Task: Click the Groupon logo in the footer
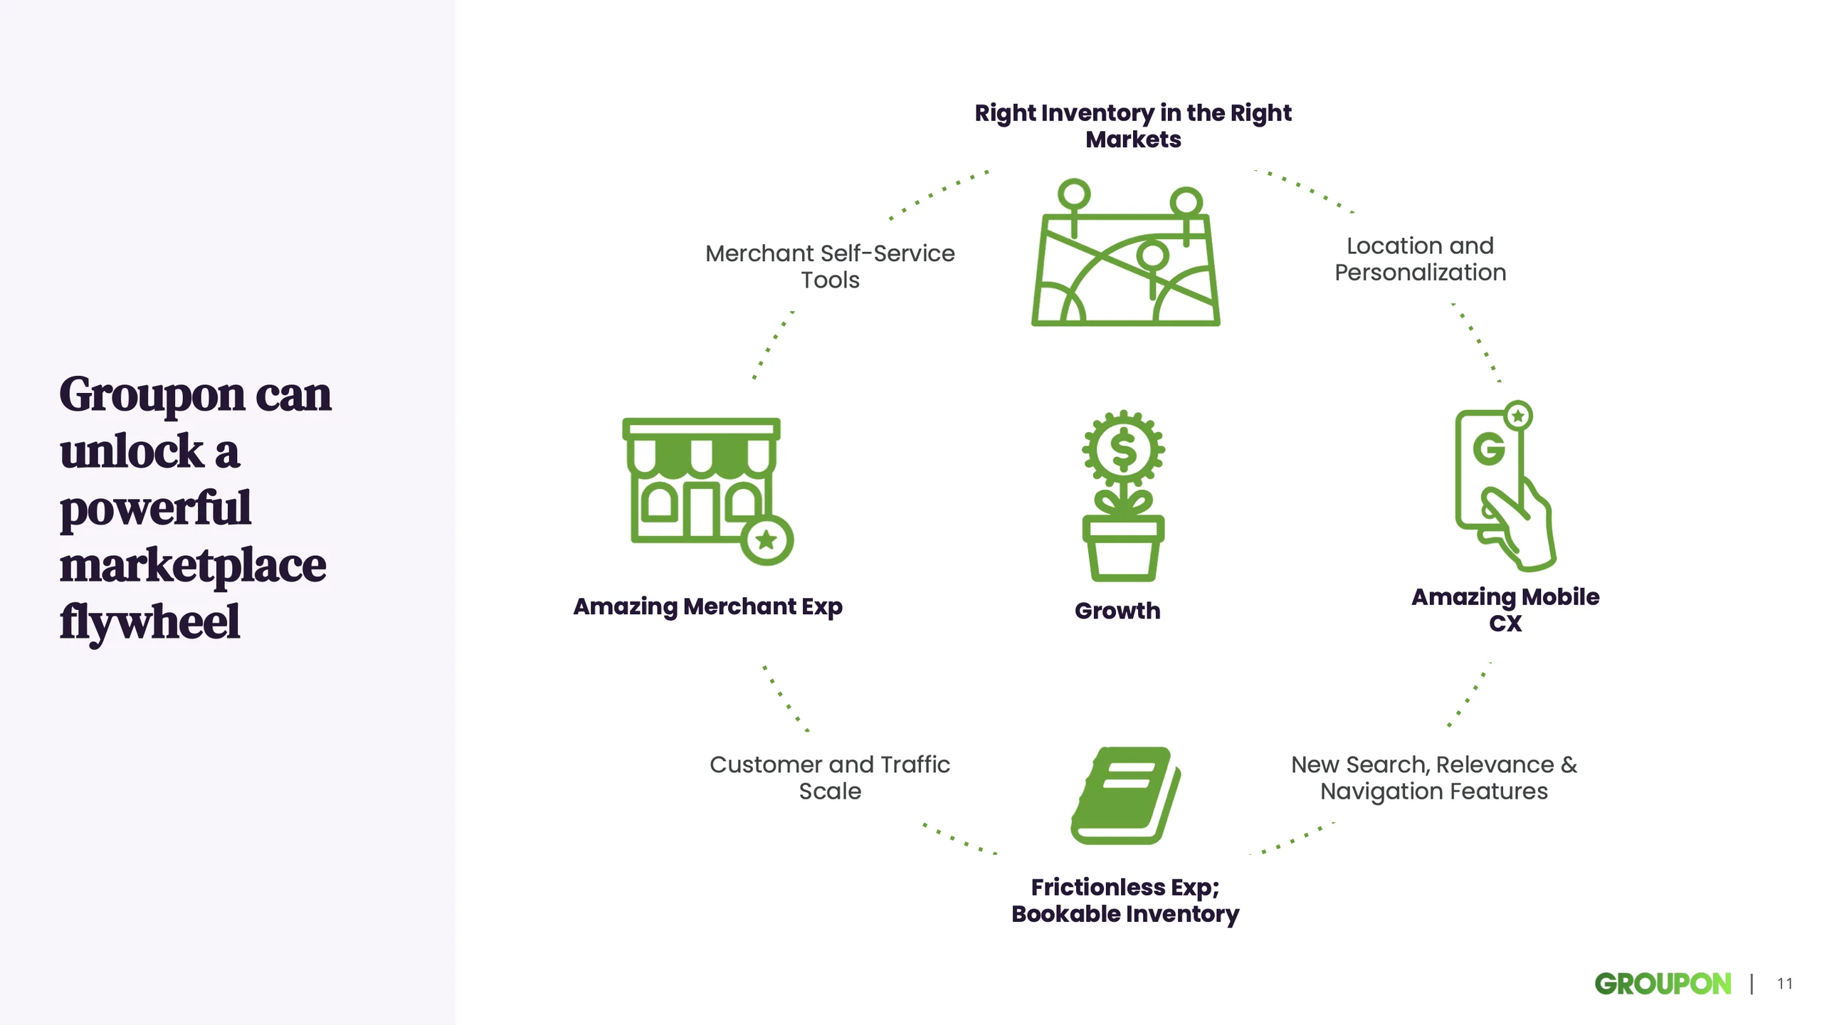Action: coord(1663,984)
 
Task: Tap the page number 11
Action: coord(1784,984)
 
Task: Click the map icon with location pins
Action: coord(1126,252)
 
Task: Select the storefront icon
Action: coord(707,491)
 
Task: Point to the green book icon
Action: coord(1125,795)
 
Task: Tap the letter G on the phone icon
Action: coord(1489,449)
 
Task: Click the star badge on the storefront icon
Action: coord(767,540)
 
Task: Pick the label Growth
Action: coord(1117,611)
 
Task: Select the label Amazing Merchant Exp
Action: coord(707,606)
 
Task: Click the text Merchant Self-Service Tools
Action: coord(830,266)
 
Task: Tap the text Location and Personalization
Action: coord(1421,259)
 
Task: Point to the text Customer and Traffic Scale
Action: coord(830,777)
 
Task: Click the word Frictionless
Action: coord(1098,887)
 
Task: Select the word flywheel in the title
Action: coord(149,622)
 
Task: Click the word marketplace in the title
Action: coord(193,565)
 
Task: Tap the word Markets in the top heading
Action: coord(1133,140)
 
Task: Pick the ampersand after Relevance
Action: coord(1569,764)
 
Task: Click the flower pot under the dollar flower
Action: coord(1123,548)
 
